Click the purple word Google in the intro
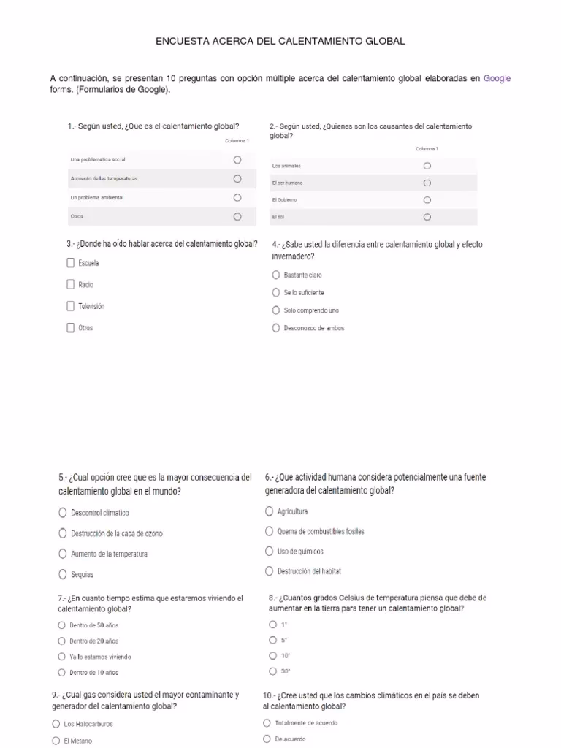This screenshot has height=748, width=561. (497, 78)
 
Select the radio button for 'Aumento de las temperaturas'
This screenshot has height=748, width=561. (237, 178)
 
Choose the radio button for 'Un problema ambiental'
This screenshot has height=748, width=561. (237, 197)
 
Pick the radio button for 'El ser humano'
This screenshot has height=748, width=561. (427, 183)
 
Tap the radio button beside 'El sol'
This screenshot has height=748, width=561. (427, 217)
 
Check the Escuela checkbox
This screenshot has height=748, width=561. (71, 263)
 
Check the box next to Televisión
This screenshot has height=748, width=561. (71, 306)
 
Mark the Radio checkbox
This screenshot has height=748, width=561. (71, 284)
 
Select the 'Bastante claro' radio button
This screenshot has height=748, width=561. (276, 275)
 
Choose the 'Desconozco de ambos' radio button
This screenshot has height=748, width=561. (276, 328)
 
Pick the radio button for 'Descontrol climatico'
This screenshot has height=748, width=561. (63, 513)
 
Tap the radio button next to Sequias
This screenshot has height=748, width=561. (63, 574)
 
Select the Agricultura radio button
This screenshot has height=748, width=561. (270, 511)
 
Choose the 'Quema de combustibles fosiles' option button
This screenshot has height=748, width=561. (270, 531)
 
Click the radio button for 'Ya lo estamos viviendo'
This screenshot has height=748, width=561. (61, 656)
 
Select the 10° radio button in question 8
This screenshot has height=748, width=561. (273, 655)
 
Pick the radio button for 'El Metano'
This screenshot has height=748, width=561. (56, 740)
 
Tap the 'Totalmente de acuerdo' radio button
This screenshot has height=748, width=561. (267, 723)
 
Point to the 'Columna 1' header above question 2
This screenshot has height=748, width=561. (427, 149)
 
